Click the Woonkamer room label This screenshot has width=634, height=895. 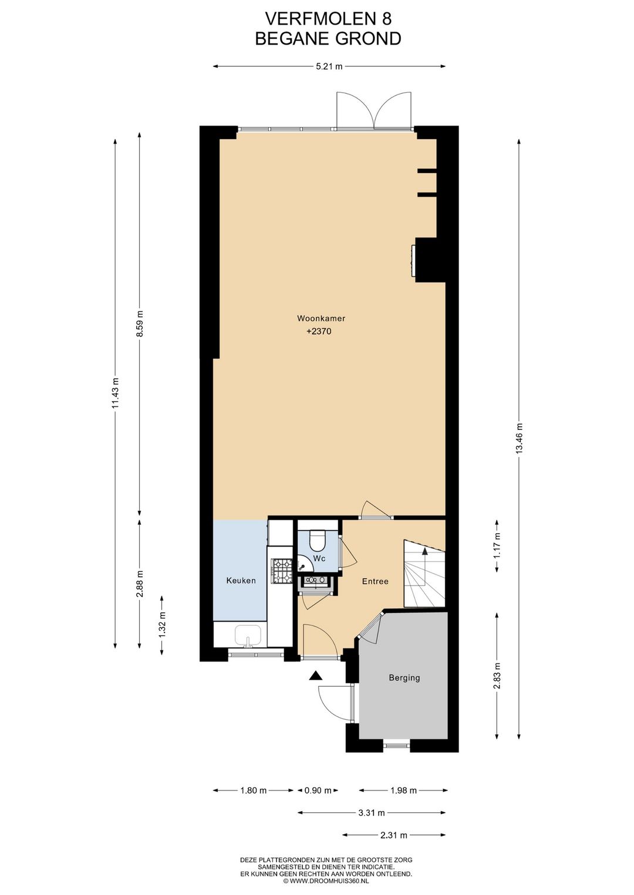pyautogui.click(x=321, y=318)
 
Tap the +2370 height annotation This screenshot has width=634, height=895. pyautogui.click(x=319, y=331)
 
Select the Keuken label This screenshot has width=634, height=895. pyautogui.click(x=241, y=581)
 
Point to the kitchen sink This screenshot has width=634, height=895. pyautogui.click(x=248, y=636)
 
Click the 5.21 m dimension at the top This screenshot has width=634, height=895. pyautogui.click(x=329, y=67)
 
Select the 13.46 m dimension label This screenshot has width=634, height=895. pyautogui.click(x=519, y=438)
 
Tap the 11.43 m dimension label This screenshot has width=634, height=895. pyautogui.click(x=115, y=393)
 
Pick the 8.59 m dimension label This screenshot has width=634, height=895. pyautogui.click(x=140, y=324)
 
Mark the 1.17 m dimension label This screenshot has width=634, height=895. pyautogui.click(x=497, y=546)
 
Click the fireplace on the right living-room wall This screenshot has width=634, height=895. pyautogui.click(x=414, y=260)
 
